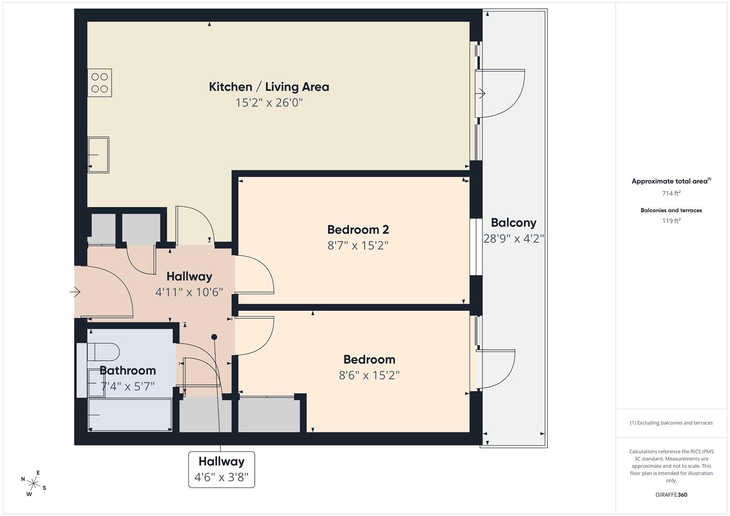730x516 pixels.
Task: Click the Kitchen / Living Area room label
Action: click(269, 87)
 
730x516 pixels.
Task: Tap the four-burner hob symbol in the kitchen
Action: click(99, 83)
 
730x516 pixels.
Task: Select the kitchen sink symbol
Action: click(98, 155)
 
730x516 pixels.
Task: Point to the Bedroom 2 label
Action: click(358, 230)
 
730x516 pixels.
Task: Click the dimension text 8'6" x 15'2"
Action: click(369, 376)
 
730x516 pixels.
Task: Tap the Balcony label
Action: click(513, 223)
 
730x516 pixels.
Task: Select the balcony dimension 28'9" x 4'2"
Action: click(513, 238)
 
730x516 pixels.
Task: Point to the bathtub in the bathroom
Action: click(130, 415)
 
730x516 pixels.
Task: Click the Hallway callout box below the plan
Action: click(221, 469)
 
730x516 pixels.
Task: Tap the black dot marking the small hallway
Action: click(214, 337)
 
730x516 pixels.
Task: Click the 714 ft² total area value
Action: click(671, 193)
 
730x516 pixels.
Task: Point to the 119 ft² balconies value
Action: click(671, 221)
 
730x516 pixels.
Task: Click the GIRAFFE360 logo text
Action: click(671, 494)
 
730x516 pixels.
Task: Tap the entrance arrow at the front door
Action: click(75, 291)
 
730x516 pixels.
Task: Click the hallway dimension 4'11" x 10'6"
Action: click(189, 292)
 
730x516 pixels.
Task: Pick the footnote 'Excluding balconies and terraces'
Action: click(671, 423)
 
